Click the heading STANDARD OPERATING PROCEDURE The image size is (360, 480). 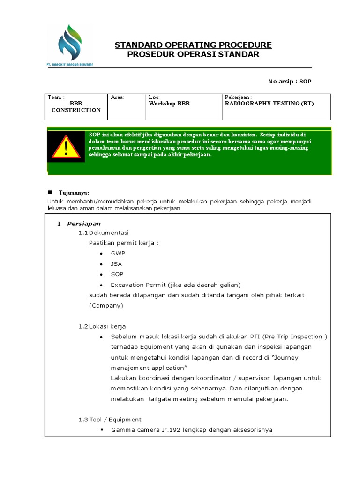[x=193, y=45]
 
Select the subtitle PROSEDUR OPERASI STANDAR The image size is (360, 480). [x=193, y=55]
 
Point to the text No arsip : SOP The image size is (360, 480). [x=289, y=82]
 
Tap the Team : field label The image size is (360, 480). [x=56, y=97]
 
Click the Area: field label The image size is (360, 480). [x=117, y=97]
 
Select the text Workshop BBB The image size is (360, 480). [x=169, y=104]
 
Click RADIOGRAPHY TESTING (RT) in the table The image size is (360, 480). [x=270, y=104]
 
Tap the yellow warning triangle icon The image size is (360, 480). [x=66, y=147]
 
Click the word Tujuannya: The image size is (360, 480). [x=74, y=193]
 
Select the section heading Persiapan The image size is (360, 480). [x=84, y=224]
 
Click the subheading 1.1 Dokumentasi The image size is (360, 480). [x=104, y=232]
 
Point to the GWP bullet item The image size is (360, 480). [x=118, y=253]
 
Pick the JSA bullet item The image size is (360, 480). [x=116, y=264]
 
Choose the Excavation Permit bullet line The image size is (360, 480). [x=176, y=285]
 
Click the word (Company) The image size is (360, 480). [x=106, y=305]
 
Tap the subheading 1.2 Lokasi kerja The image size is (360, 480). [x=102, y=326]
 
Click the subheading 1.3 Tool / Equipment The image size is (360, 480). [x=110, y=420]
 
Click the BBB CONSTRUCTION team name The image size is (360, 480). [x=76, y=107]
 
